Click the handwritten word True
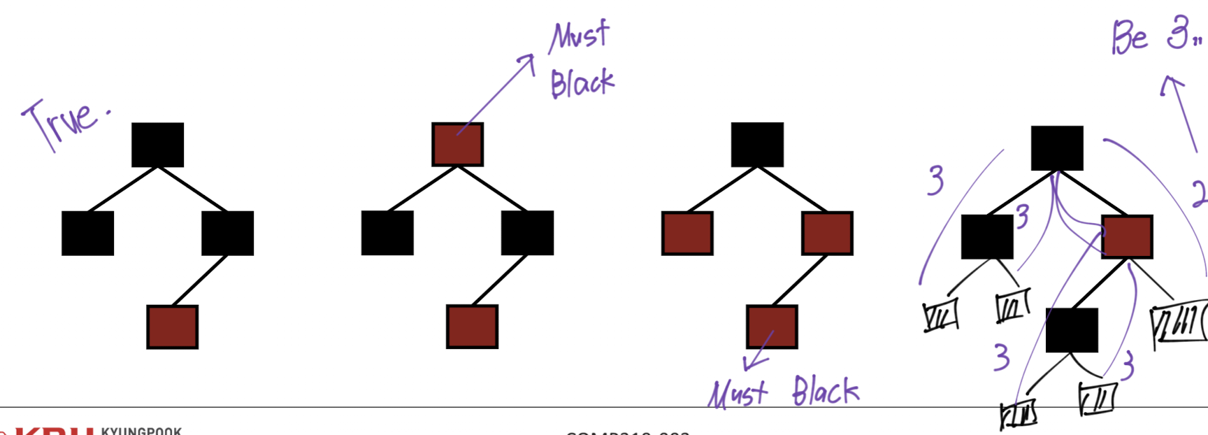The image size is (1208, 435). click(64, 122)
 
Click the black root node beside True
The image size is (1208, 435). click(157, 145)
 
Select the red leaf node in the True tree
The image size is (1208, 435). click(172, 327)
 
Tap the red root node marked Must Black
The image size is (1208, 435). click(457, 145)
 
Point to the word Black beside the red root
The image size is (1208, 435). click(582, 83)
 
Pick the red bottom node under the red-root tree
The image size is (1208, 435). click(472, 327)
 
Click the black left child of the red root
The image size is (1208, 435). click(387, 233)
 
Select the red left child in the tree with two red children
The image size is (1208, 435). click(687, 234)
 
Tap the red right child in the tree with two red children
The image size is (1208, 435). click(827, 234)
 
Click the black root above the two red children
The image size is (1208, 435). click(757, 145)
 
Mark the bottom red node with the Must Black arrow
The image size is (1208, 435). click(772, 327)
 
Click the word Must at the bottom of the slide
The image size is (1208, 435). click(738, 394)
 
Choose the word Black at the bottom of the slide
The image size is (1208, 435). click(825, 391)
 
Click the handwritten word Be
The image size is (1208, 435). click(1130, 38)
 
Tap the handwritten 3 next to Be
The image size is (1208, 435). click(1179, 32)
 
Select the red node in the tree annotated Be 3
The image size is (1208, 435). click(1126, 237)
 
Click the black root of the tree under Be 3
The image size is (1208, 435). click(1057, 148)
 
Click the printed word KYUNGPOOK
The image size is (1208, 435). click(141, 431)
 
